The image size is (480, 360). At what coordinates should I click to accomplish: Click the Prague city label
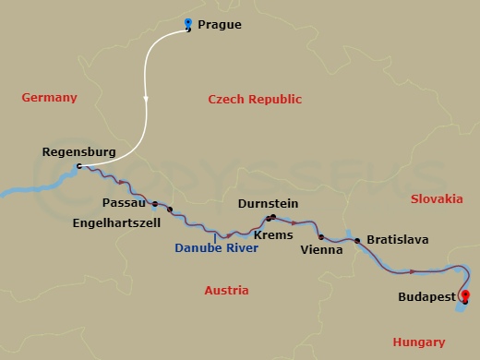pos(220,25)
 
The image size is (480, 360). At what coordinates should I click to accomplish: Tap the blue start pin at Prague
pos(188,24)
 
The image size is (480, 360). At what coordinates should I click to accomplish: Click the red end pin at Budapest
pos(464,296)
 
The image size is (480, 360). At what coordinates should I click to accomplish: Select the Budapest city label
pos(425,298)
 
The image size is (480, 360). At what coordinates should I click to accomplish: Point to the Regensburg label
pos(78,151)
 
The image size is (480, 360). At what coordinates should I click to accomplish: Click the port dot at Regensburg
pos(79,167)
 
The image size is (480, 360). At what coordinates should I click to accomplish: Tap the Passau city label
pos(124,201)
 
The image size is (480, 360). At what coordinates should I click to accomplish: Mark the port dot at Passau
pos(155,204)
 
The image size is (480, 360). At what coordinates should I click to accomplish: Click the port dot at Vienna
pos(321,237)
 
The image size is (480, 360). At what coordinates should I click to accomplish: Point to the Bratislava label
pos(397,240)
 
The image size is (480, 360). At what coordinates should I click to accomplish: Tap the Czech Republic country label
pos(255,100)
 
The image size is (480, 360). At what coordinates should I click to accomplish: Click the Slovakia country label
pos(437,199)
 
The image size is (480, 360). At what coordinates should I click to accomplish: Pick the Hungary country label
pos(418,342)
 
